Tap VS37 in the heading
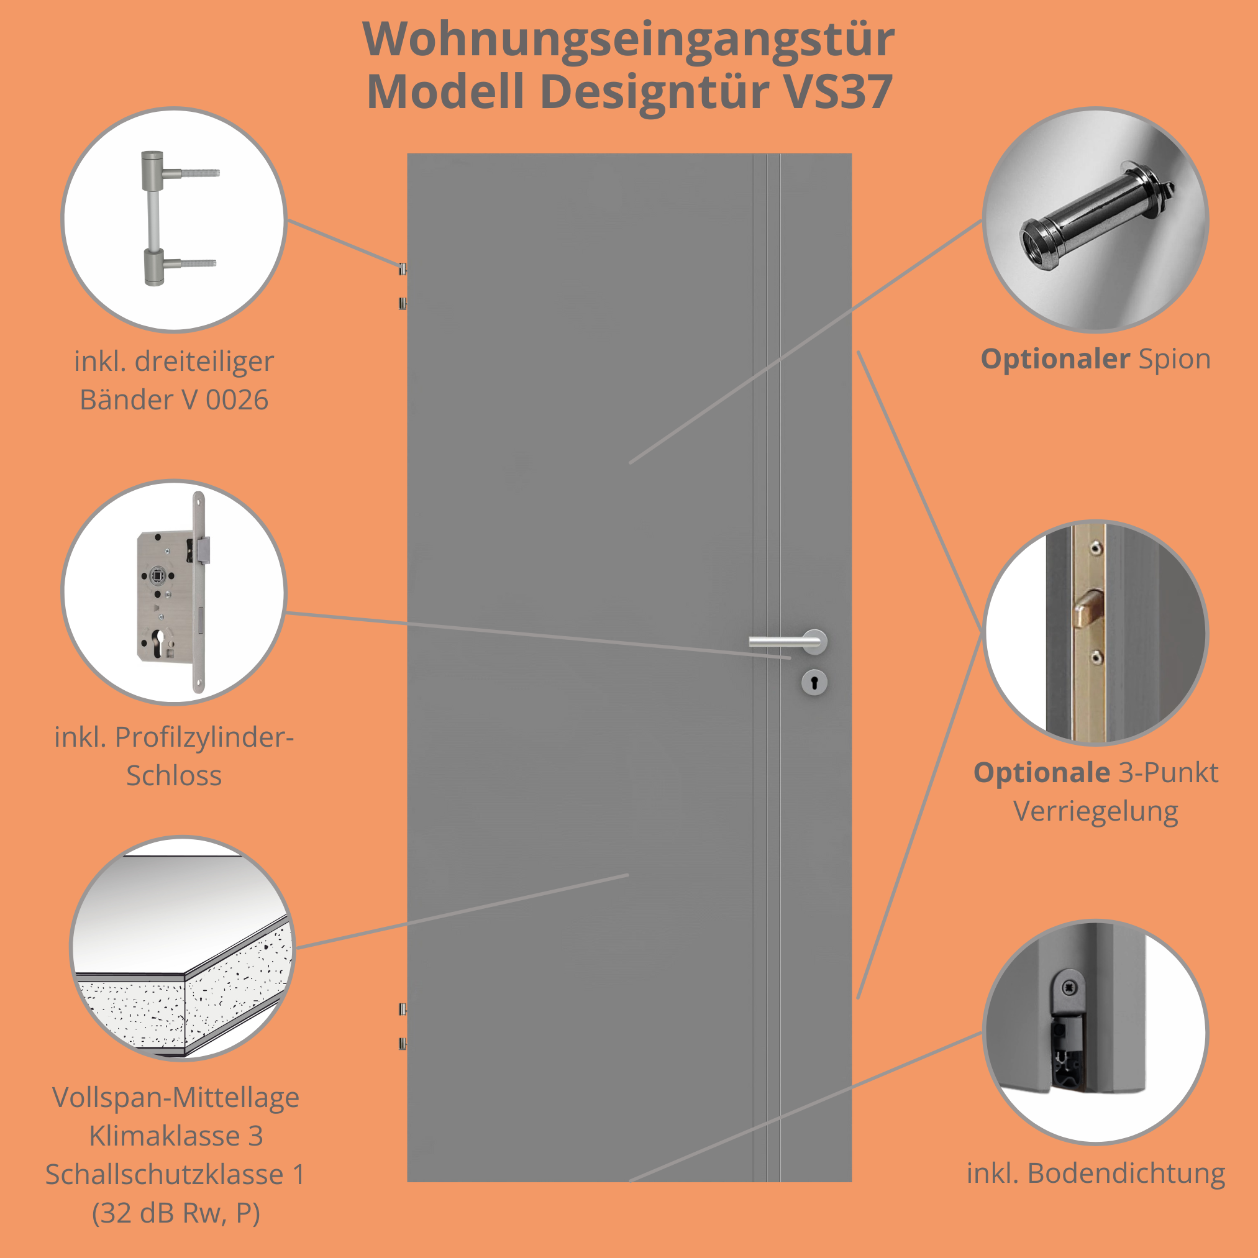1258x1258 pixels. [x=838, y=92]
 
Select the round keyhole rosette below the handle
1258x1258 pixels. [x=814, y=682]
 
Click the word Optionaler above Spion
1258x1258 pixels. [x=1055, y=360]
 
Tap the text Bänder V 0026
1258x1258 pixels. [x=174, y=400]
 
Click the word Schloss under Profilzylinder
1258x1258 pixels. [x=174, y=775]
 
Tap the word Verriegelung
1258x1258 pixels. [x=1095, y=811]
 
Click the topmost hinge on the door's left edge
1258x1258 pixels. [x=403, y=268]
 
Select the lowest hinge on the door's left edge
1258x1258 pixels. [x=403, y=1044]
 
